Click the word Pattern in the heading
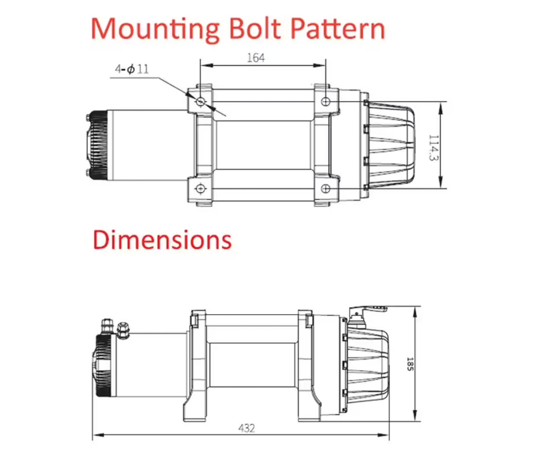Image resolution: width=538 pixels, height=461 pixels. (x=338, y=29)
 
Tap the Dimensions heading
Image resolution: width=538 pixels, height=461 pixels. (x=162, y=240)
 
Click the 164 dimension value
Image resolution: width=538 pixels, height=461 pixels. (x=256, y=58)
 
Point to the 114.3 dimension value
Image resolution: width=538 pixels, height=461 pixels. (x=434, y=148)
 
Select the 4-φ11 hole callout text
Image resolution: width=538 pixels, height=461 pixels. (x=132, y=69)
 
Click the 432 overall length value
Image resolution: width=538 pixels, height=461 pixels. (x=246, y=428)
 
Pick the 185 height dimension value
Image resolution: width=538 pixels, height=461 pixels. (x=410, y=364)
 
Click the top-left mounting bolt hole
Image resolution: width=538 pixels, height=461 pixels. (x=200, y=101)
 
